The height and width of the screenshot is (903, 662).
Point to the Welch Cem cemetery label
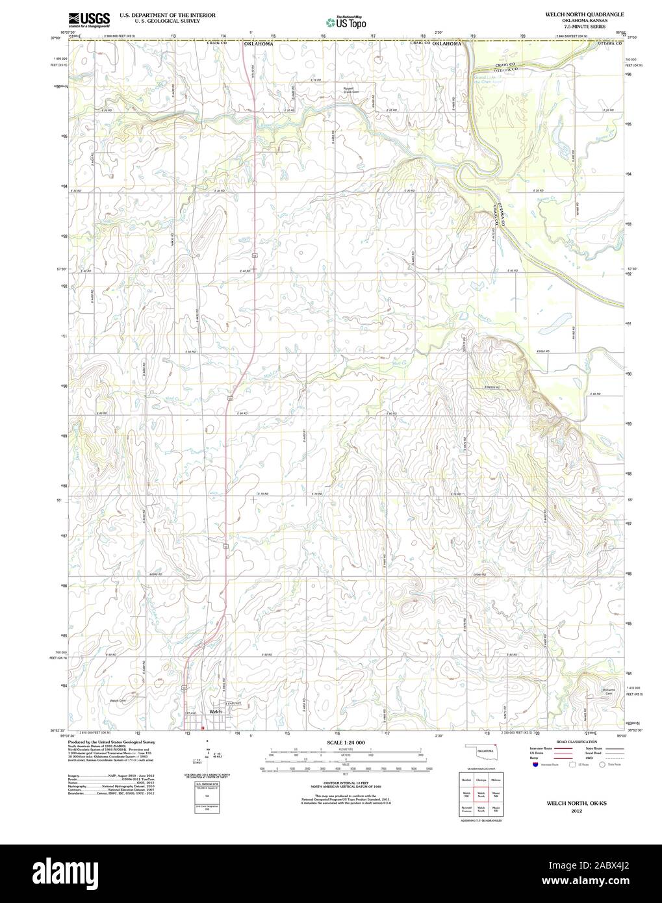tap(118, 701)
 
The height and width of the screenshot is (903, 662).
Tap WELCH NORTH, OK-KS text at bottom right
tap(576, 803)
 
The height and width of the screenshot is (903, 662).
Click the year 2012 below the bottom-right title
tap(576, 810)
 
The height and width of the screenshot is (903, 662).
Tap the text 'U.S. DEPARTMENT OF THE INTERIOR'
tap(153, 14)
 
